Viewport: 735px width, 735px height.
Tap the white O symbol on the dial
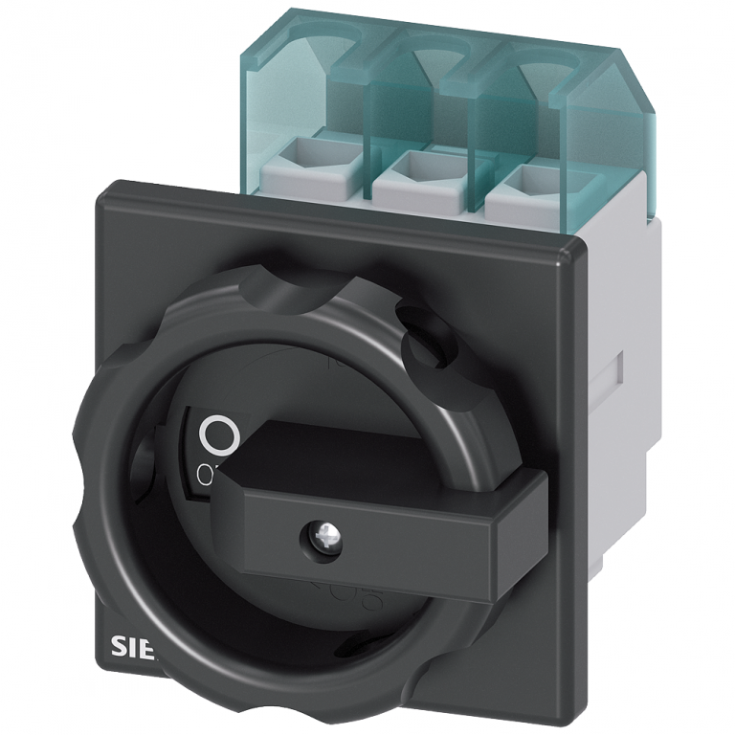219,436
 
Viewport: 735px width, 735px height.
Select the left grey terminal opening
330,155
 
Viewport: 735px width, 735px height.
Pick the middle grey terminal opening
419,167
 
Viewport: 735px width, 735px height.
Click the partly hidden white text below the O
205,472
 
